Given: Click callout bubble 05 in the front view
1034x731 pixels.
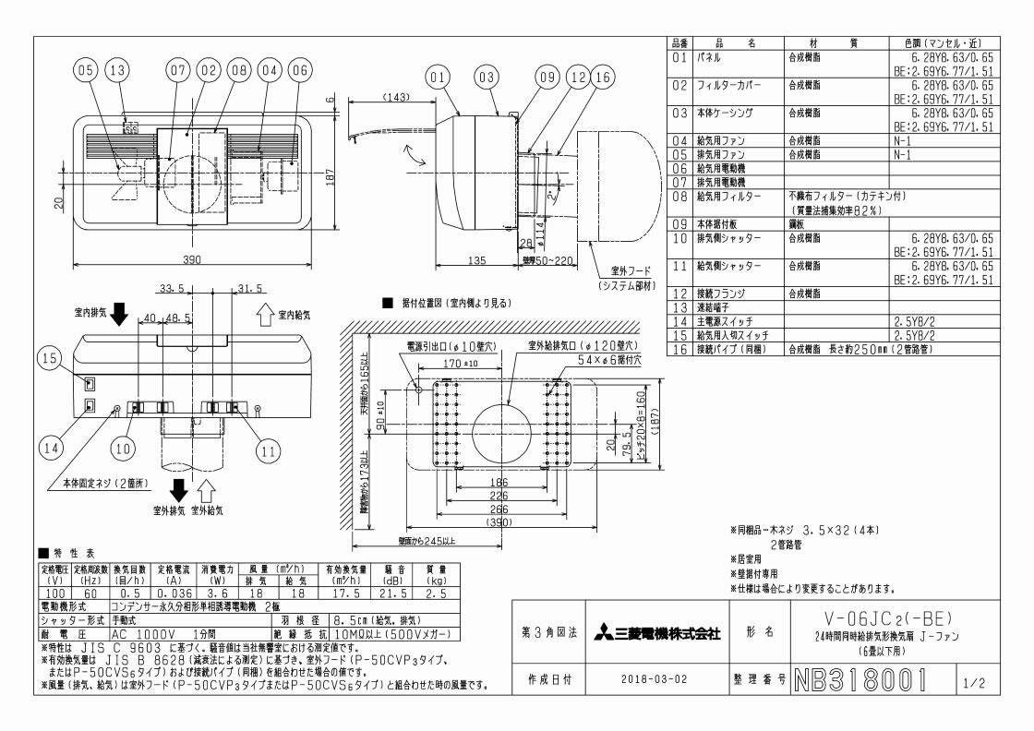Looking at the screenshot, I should click(x=86, y=69).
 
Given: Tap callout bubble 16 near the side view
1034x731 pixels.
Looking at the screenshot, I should click(x=602, y=80).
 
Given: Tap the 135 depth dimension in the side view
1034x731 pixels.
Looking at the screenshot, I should click(x=476, y=261).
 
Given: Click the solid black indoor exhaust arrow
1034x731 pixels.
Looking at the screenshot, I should click(x=120, y=316).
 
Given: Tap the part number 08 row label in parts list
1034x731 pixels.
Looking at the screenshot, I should click(x=679, y=197).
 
